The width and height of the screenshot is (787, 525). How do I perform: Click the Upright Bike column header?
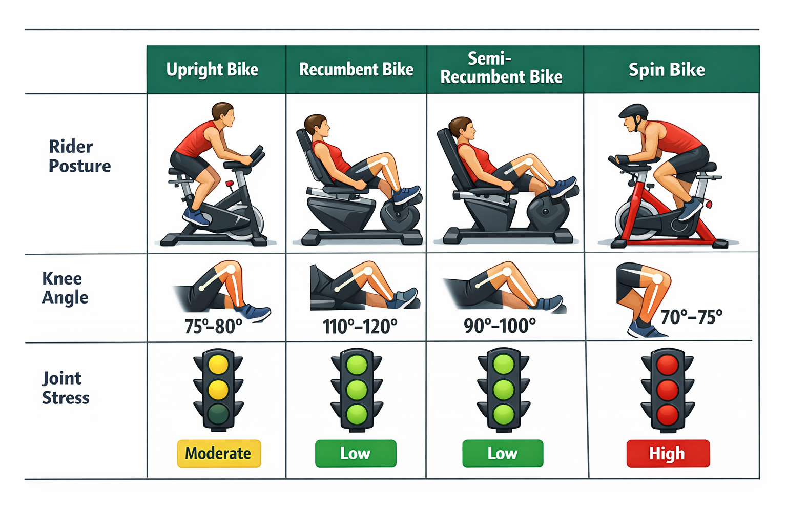(212, 70)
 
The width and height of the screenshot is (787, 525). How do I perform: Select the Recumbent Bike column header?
(356, 70)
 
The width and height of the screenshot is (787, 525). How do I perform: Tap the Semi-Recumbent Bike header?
(501, 68)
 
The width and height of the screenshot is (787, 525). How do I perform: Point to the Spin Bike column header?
(667, 70)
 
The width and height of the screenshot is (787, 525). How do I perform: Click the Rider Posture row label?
(79, 156)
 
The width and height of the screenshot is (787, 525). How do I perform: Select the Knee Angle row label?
(65, 288)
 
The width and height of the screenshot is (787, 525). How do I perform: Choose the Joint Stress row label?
(65, 388)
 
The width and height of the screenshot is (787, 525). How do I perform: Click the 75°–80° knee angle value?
(213, 326)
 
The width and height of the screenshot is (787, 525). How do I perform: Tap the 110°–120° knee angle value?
(360, 326)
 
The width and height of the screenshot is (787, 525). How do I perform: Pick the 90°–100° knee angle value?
(500, 326)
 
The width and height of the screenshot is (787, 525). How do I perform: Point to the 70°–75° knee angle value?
(691, 317)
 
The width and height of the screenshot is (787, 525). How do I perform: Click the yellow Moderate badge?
(219, 453)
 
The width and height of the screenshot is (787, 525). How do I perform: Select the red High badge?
(668, 453)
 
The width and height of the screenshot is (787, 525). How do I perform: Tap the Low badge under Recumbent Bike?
(356, 453)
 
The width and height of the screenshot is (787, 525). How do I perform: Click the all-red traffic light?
(668, 390)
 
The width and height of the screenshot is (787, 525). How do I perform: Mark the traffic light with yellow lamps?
(218, 390)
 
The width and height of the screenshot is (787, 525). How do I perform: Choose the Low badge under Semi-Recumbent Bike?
(502, 453)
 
